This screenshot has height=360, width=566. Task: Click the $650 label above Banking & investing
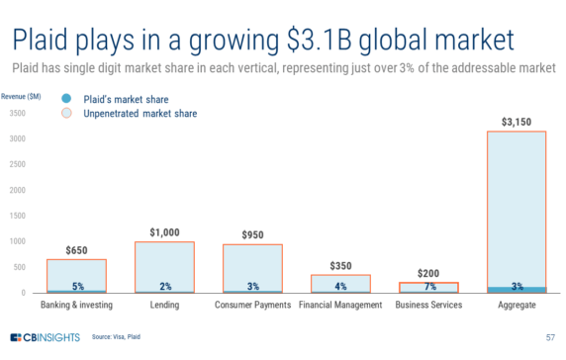pyautogui.click(x=76, y=250)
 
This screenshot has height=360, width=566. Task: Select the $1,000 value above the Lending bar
pyautogui.click(x=164, y=232)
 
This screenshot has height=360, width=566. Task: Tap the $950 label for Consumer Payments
pyautogui.click(x=252, y=235)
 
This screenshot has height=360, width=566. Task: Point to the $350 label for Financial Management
pyautogui.click(x=340, y=266)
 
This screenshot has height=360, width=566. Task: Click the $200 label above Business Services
pyautogui.click(x=428, y=273)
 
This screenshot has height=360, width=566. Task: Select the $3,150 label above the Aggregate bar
pyautogui.click(x=517, y=123)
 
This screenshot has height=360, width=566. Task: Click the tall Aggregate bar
pyautogui.click(x=517, y=208)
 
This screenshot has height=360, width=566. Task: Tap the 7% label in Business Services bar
pyautogui.click(x=428, y=287)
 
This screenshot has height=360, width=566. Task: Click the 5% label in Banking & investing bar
pyautogui.click(x=77, y=287)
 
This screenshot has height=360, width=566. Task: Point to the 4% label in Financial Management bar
pyautogui.click(x=340, y=287)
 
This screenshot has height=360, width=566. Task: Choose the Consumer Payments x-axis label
pyautogui.click(x=252, y=306)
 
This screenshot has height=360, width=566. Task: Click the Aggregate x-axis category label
pyautogui.click(x=517, y=306)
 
